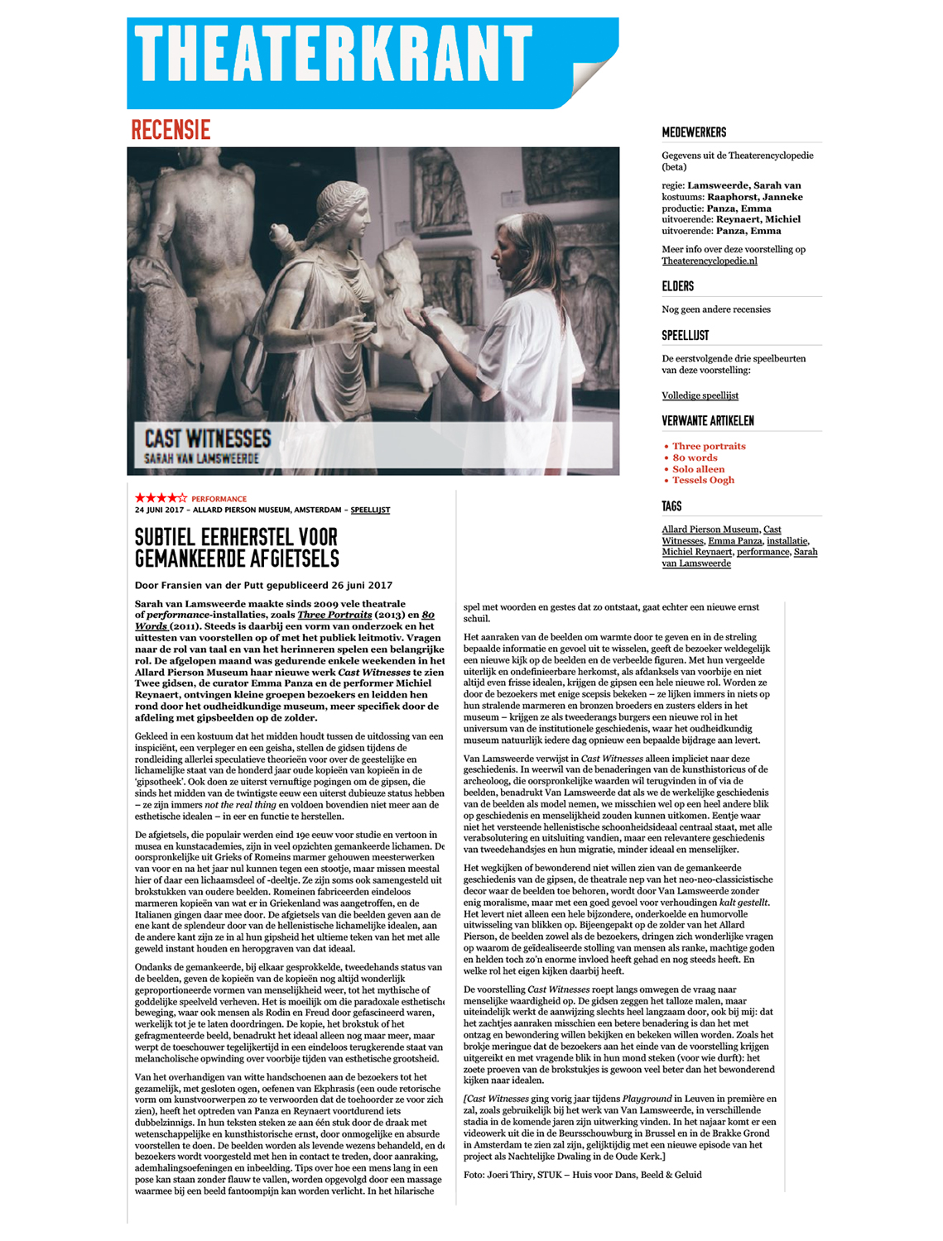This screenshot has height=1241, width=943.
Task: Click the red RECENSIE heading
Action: tap(171, 130)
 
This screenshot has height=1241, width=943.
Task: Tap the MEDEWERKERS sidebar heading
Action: tap(694, 132)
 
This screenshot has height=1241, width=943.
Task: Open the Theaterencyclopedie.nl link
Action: tap(709, 261)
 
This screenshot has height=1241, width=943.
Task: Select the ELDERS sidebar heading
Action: tap(677, 286)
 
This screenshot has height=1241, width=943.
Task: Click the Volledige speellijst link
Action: tap(700, 395)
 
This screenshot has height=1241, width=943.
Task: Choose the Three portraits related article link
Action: tap(709, 446)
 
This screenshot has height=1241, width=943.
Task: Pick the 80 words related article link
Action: tap(695, 458)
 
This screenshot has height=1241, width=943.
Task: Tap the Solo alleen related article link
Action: tap(698, 469)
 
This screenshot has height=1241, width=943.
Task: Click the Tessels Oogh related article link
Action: tap(703, 480)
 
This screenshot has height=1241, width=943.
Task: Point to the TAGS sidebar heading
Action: tap(671, 506)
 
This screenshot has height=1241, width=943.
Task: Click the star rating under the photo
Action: tap(161, 498)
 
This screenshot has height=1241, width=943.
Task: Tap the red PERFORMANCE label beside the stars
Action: tap(219, 499)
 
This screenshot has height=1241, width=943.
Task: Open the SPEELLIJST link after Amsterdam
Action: tap(370, 510)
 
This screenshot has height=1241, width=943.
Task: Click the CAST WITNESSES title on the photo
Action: tap(208, 438)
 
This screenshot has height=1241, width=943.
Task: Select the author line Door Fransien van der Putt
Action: tap(263, 585)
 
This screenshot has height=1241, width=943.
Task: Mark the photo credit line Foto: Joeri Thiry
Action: tap(582, 1174)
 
